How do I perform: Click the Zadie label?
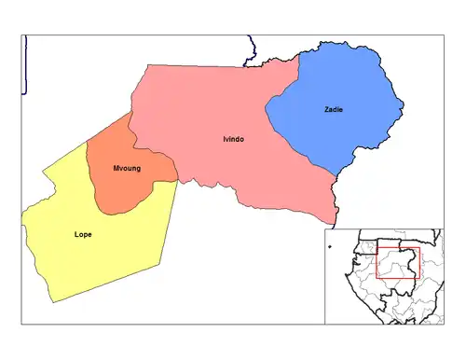pyautogui.click(x=334, y=110)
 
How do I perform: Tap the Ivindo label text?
pyautogui.click(x=234, y=139)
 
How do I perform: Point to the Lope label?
pyautogui.click(x=82, y=234)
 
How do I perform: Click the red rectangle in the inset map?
pyautogui.click(x=398, y=264)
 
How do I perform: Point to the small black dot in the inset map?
pyautogui.click(x=330, y=247)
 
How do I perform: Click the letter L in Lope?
pyautogui.click(x=75, y=234)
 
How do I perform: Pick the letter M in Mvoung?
pyautogui.click(x=116, y=170)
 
